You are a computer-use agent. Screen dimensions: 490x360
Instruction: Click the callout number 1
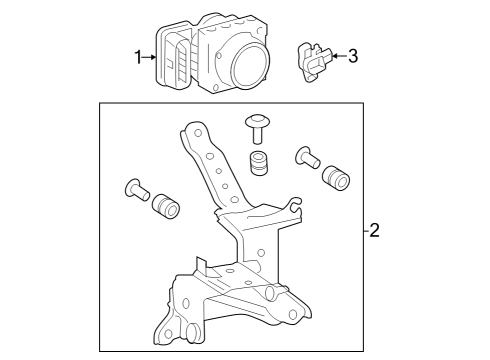point(138,57)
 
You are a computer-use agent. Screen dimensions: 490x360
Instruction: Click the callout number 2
point(374,230)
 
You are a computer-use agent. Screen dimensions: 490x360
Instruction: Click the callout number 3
point(353,56)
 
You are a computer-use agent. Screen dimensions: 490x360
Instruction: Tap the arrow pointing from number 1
point(149,57)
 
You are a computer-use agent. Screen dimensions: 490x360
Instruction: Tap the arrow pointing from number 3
point(340,56)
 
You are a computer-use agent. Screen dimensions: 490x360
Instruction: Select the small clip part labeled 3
point(314,62)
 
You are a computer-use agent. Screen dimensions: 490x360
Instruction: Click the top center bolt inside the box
point(257,129)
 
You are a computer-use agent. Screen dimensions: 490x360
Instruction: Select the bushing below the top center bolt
point(258,162)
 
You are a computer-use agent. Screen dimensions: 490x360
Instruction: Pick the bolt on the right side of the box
point(307,157)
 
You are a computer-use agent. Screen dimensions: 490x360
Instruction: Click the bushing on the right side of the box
point(336,178)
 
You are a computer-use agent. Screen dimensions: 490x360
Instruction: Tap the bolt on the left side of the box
point(137,189)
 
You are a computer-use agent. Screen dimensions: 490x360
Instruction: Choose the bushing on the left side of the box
point(166,207)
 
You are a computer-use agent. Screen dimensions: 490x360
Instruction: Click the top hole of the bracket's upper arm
point(198,133)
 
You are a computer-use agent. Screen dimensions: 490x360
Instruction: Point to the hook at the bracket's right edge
point(294,204)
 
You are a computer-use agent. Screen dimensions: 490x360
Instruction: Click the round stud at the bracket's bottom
point(191,331)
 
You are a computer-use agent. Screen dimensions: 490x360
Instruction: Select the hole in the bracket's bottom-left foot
point(169,333)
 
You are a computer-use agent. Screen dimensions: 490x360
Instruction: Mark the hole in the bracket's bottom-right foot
point(293,314)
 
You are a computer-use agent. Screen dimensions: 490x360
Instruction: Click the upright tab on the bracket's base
point(202,266)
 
